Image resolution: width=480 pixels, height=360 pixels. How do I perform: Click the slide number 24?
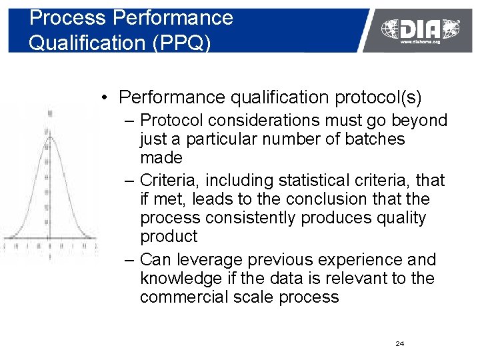click(400, 343)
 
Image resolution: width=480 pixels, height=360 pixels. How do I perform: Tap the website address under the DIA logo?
click(420, 41)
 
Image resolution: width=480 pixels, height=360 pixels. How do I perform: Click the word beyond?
click(420, 121)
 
